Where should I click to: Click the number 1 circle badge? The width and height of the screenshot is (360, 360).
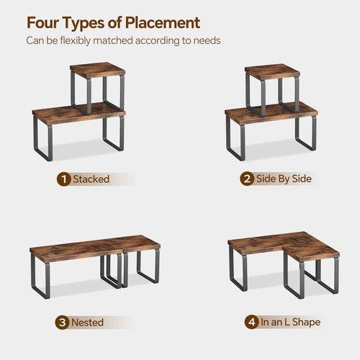pyautogui.click(x=65, y=179)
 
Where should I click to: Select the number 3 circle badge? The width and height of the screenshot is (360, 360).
pyautogui.click(x=65, y=322)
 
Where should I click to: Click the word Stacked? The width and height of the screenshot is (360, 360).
pyautogui.click(x=91, y=179)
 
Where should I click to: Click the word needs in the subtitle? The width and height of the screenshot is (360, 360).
pyautogui.click(x=205, y=40)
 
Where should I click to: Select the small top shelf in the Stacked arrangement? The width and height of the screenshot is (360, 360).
pyautogui.click(x=97, y=70)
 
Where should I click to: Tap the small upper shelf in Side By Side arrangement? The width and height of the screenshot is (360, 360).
pyautogui.click(x=271, y=71)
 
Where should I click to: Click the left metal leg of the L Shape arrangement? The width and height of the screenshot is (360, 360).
pyautogui.click(x=233, y=271)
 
